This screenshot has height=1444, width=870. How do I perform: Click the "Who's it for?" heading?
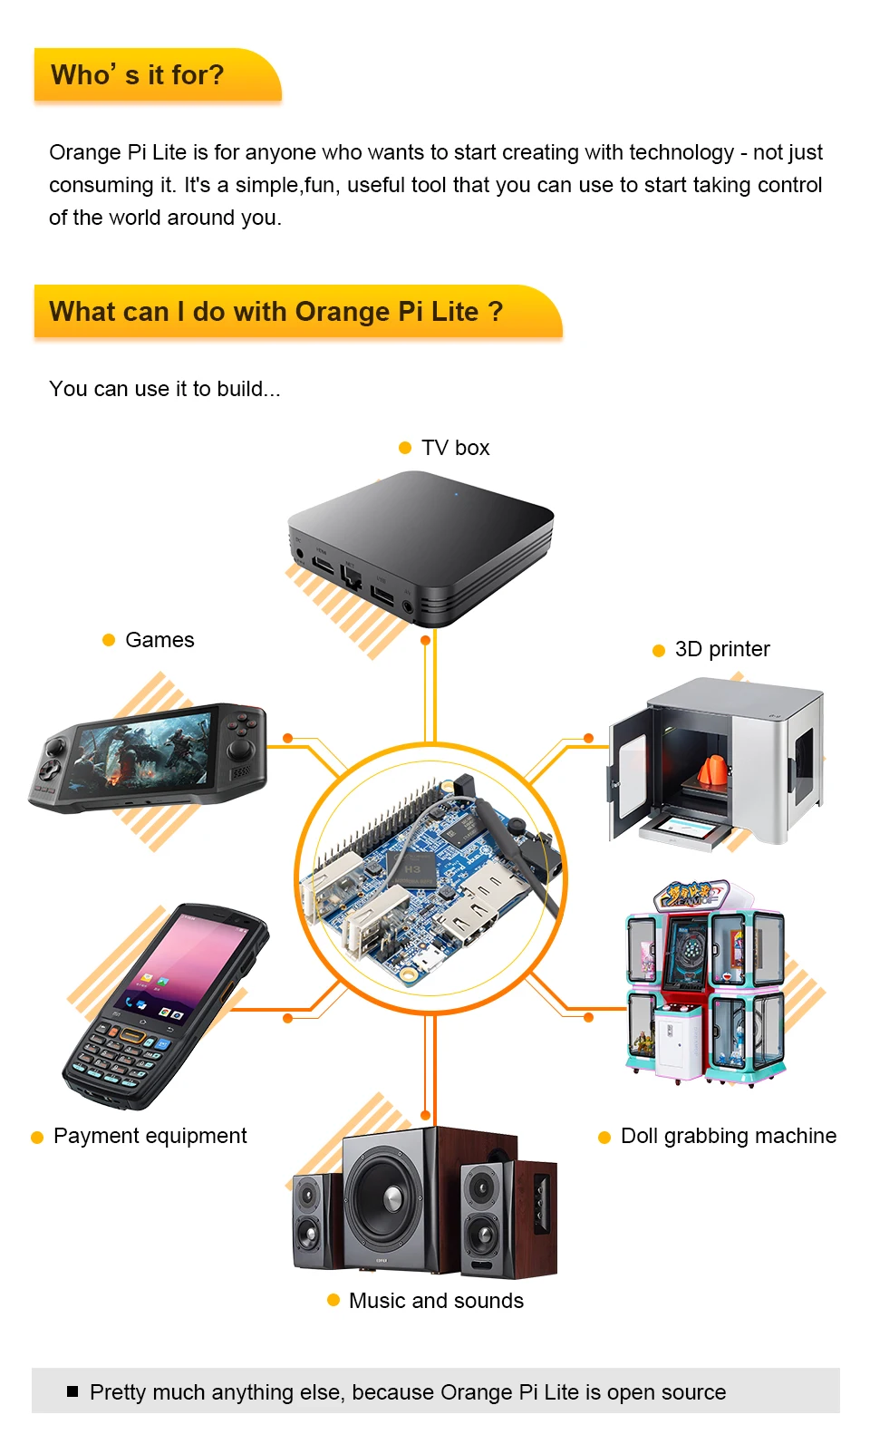[x=138, y=75]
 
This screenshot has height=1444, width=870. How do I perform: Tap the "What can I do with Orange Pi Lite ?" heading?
[x=275, y=312]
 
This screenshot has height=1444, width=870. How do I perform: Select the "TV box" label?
[x=455, y=448]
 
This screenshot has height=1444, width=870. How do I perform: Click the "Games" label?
[x=159, y=640]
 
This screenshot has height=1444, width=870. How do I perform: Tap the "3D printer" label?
[x=722, y=649]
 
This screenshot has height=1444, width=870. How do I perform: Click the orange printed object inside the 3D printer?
[x=713, y=770]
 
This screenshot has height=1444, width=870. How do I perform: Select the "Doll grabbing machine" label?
[x=728, y=1136]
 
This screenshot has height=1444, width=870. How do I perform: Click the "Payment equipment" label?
[x=150, y=1136]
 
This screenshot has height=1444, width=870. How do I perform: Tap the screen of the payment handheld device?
[x=189, y=965]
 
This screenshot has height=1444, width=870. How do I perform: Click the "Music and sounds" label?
[x=436, y=1301]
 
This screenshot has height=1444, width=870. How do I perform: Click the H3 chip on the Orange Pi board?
[x=412, y=870]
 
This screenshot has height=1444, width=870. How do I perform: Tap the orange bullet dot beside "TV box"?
[x=405, y=448]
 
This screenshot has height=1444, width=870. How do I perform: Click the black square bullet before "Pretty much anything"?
[x=72, y=1391]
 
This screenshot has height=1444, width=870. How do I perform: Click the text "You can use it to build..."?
[x=165, y=389]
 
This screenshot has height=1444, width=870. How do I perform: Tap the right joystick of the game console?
[x=241, y=749]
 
